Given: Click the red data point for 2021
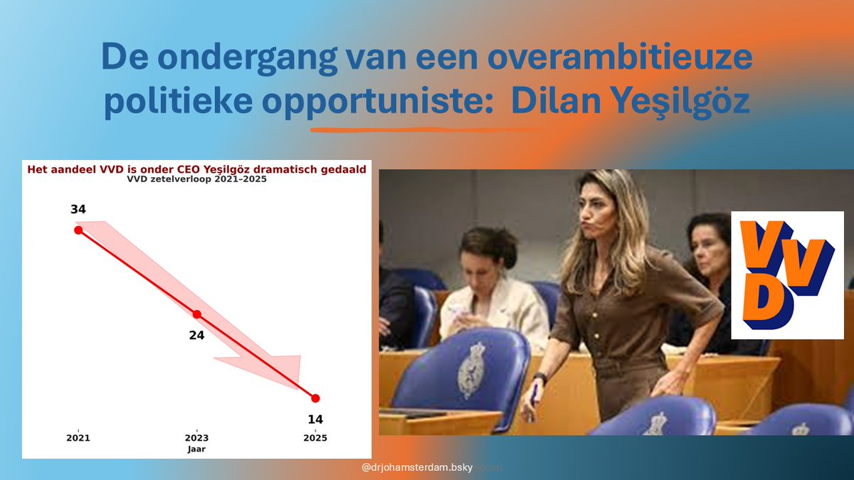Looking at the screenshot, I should [x=78, y=230].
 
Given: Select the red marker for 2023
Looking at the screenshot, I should [x=197, y=314].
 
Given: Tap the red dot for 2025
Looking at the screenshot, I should [x=315, y=398].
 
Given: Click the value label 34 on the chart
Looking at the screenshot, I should [x=78, y=209].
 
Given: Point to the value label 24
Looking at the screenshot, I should [x=197, y=335].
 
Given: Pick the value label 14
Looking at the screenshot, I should [x=315, y=420].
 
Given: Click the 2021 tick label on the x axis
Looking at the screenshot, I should [x=78, y=438].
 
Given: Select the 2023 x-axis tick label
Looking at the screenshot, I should [x=197, y=438].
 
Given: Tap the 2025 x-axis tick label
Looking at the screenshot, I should [x=315, y=438].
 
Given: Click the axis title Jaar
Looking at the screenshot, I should [x=197, y=449].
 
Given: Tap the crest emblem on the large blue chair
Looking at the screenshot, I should [x=471, y=370].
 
